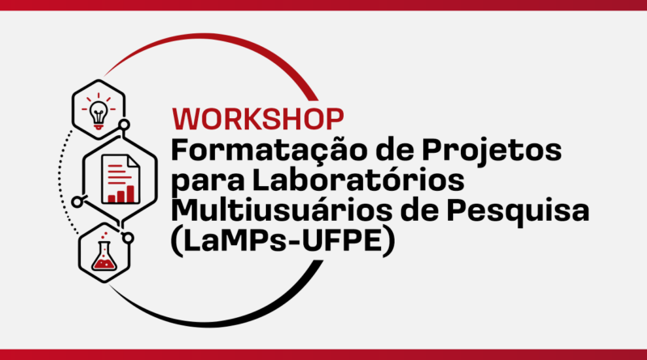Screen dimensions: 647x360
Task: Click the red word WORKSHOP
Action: (x=258, y=119)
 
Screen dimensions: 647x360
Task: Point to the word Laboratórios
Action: (x=358, y=180)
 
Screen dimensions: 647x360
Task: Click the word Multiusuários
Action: (x=281, y=210)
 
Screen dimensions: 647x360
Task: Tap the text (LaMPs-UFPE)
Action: (x=283, y=242)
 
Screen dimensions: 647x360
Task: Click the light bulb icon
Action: (x=99, y=110)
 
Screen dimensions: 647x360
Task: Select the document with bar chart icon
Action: (x=121, y=179)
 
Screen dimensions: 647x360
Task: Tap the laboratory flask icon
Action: (x=104, y=252)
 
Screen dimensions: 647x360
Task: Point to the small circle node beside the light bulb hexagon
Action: (x=125, y=125)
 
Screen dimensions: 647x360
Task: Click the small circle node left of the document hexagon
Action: (x=77, y=202)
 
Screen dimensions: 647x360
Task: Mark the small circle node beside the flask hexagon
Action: (x=128, y=238)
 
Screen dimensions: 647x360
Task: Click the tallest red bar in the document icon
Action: (x=130, y=194)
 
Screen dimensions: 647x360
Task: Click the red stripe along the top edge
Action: (x=323, y=5)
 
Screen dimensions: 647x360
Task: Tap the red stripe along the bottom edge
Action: (x=323, y=354)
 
